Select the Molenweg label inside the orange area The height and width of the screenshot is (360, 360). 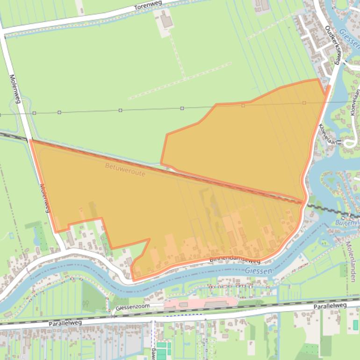[x=45, y=198]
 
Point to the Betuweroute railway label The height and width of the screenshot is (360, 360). [x=125, y=170]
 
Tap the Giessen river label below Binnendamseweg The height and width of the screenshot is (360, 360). [x=257, y=271]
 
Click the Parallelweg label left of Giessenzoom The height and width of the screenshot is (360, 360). [x=66, y=323]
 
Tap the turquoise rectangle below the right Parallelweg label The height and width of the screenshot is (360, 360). [x=355, y=325]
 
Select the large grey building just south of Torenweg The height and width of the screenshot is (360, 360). [x=166, y=21]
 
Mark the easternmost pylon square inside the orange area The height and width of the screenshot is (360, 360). [x=304, y=103]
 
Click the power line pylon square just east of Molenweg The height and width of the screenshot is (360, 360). [x=34, y=113]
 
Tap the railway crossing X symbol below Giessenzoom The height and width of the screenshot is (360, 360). [x=113, y=316]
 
